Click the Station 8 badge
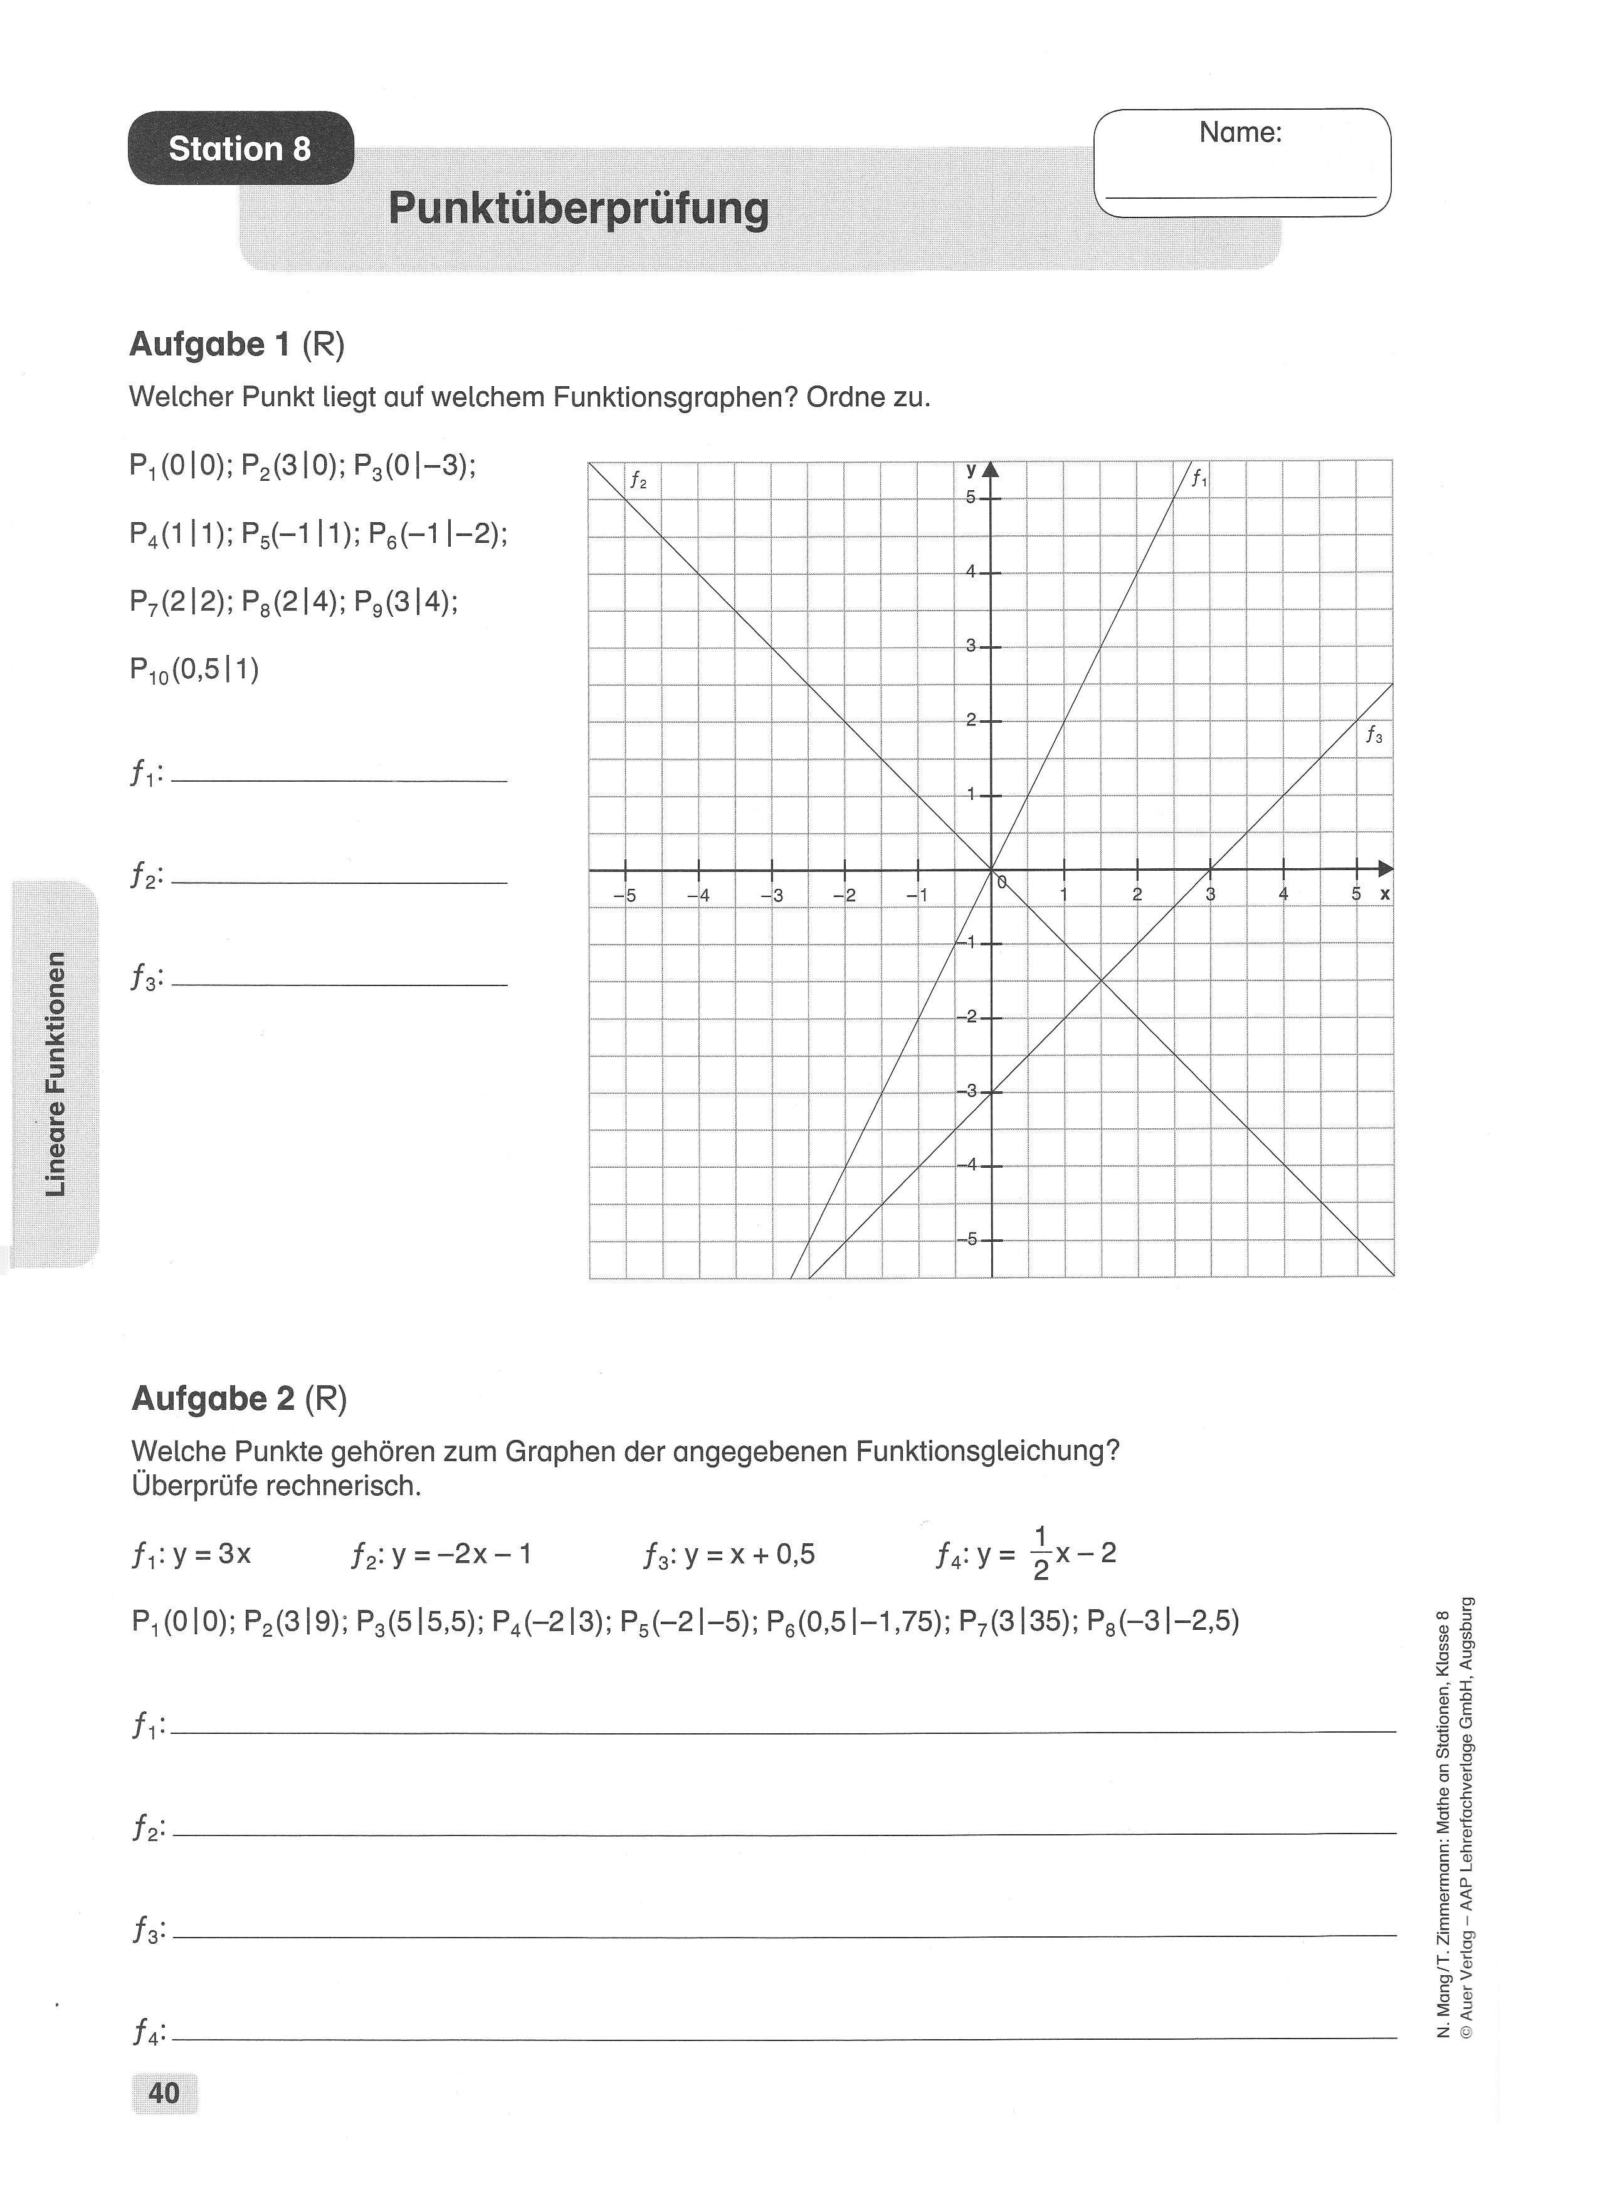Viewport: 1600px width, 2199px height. click(x=241, y=149)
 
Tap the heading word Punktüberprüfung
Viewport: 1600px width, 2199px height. click(x=578, y=209)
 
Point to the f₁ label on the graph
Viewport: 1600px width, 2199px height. click(x=1199, y=478)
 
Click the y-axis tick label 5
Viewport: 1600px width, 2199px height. click(x=970, y=496)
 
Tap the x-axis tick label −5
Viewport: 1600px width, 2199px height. click(x=626, y=895)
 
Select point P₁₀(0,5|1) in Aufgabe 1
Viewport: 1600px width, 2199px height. click(x=194, y=670)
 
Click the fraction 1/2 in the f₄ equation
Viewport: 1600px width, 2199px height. click(x=1041, y=1553)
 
